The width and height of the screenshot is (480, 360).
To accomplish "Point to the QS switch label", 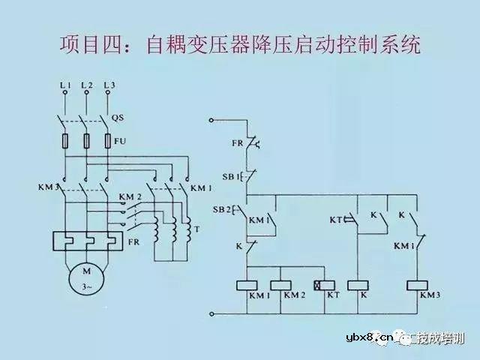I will click(x=117, y=118).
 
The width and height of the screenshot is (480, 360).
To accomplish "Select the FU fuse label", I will click(x=119, y=139).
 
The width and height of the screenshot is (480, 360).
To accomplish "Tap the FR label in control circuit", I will click(x=237, y=142).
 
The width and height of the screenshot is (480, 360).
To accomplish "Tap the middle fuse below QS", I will click(x=87, y=140).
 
